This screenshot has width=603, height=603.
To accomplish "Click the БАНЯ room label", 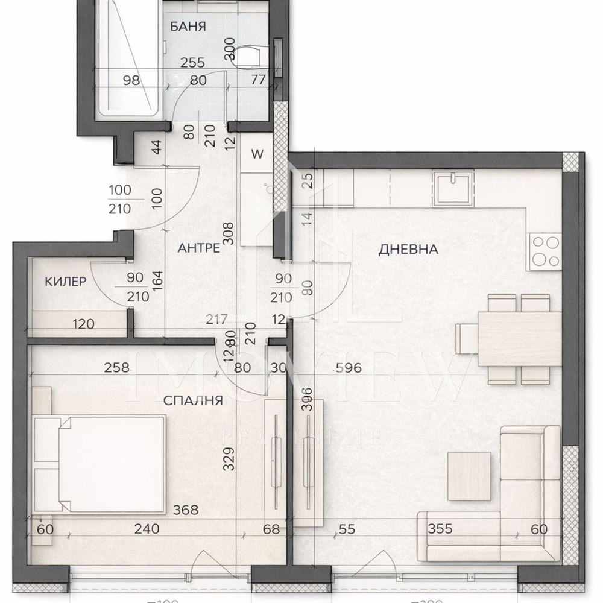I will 188,27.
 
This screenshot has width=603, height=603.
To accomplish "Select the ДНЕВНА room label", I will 408,249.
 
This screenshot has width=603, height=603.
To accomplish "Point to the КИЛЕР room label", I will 65,281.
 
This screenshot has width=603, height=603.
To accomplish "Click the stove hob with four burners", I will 545,252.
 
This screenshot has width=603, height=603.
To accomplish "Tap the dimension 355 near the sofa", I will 441,529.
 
